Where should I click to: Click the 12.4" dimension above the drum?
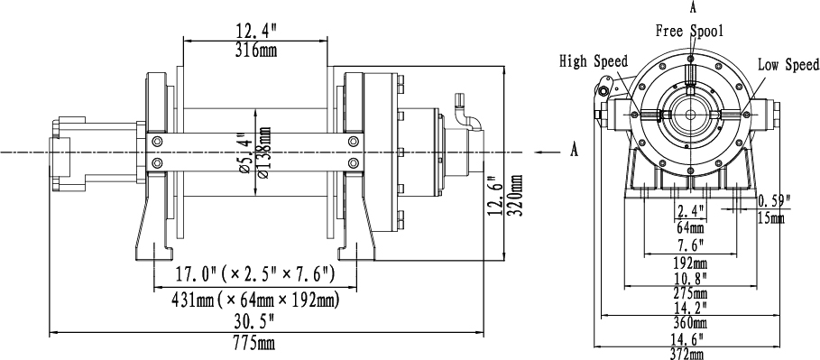click(255, 31)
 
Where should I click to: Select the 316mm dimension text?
click(255, 51)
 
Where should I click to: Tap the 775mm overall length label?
click(253, 344)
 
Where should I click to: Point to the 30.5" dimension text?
click(255, 320)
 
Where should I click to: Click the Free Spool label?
click(690, 32)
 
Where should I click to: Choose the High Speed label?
click(594, 61)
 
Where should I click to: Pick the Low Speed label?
click(788, 65)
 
